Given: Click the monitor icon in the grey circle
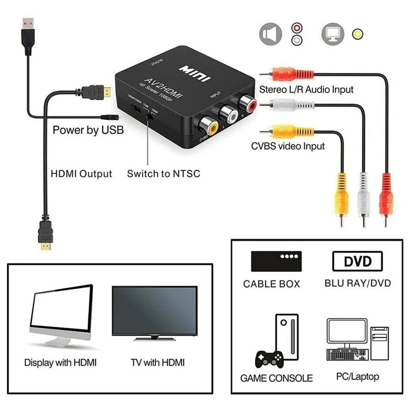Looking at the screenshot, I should point(332,34).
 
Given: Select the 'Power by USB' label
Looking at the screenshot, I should point(88,130).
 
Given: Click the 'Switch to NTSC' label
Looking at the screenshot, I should point(163,173).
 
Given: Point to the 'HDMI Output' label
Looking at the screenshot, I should point(81,174).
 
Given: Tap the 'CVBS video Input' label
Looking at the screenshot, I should point(288,146).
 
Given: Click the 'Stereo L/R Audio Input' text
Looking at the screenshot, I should point(306,89).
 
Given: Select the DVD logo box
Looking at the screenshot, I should point(357,262).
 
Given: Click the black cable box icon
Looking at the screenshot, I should point(276,261).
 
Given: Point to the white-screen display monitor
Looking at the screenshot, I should point(62,313).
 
